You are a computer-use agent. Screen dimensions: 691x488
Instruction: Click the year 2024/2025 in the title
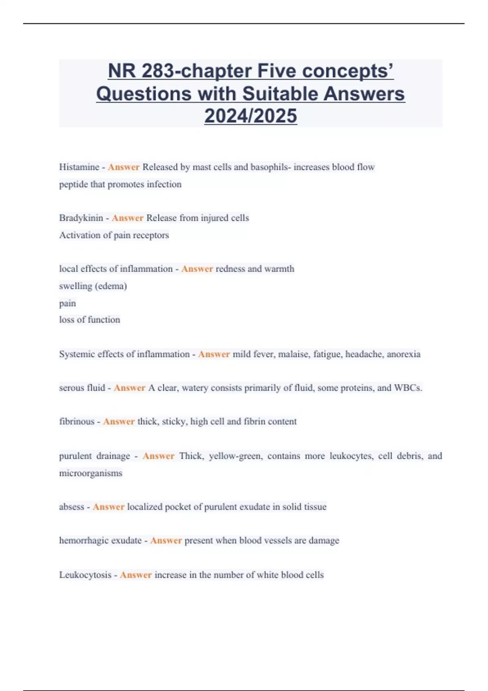point(251,116)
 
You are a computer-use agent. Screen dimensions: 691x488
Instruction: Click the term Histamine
point(79,167)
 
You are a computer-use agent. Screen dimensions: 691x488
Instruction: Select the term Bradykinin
point(81,218)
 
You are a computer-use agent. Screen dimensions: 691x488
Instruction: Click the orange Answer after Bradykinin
point(127,218)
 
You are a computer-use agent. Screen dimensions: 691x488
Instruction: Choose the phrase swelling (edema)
point(93,286)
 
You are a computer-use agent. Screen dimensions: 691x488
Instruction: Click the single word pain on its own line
point(68,303)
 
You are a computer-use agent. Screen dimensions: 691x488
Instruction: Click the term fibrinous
point(77,422)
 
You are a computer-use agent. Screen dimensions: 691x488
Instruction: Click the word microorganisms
point(91,473)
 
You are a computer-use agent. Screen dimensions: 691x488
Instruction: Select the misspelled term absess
point(72,507)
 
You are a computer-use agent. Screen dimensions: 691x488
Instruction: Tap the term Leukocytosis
point(85,575)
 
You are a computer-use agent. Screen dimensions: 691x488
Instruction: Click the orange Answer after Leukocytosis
point(135,575)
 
